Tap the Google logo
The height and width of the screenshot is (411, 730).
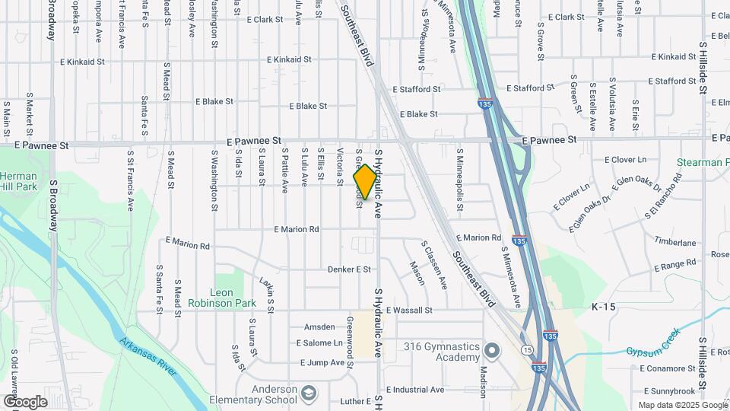click(x=25, y=402)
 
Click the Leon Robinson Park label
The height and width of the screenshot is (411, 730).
click(x=233, y=298)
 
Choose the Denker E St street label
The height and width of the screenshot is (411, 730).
click(x=349, y=269)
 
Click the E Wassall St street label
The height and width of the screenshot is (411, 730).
click(x=409, y=311)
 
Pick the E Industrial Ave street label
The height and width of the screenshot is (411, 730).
click(x=414, y=390)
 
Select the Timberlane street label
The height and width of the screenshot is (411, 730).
click(x=674, y=243)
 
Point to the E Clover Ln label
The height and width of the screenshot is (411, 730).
click(x=624, y=160)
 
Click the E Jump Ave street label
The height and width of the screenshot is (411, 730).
click(x=320, y=362)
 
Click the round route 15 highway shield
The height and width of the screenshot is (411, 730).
click(x=526, y=350)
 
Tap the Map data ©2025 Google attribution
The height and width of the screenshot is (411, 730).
click(x=682, y=405)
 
